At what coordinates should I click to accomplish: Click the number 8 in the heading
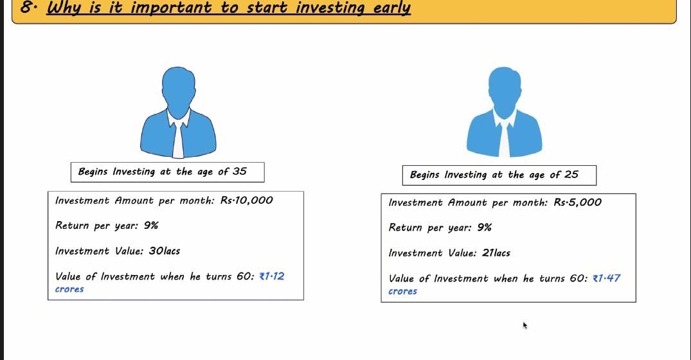26,7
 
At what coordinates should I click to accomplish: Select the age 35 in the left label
240,171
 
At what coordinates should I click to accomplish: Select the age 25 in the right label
571,174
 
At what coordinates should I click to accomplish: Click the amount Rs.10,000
246,201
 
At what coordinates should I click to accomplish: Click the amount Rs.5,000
577,203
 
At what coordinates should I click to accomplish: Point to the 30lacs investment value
165,251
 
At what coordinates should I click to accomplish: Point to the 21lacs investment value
496,253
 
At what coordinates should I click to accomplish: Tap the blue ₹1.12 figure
272,276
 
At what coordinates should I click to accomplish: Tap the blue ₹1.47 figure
606,278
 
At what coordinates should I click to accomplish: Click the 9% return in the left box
150,226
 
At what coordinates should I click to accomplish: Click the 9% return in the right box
484,228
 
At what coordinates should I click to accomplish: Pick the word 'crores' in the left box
69,289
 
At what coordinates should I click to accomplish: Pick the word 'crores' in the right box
403,292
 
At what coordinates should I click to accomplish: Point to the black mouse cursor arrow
525,325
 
